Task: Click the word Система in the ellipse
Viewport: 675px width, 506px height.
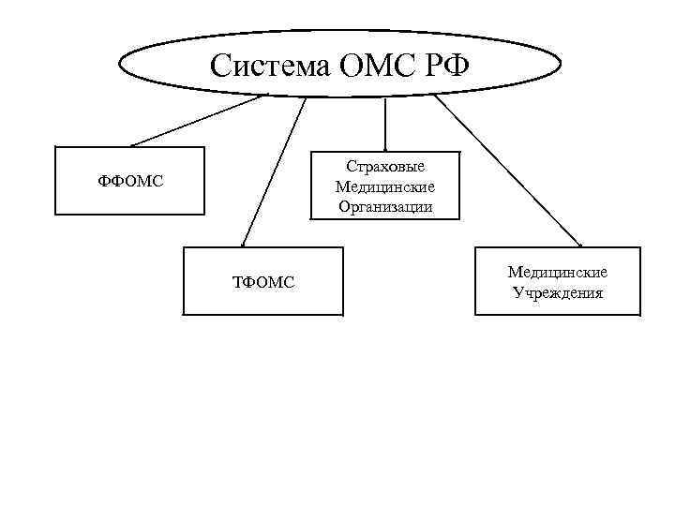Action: (258, 66)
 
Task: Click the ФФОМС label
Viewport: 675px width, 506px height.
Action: (131, 181)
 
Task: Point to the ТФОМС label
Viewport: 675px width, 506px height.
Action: (262, 280)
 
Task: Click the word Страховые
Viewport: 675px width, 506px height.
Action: (384, 167)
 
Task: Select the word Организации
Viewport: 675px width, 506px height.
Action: (384, 207)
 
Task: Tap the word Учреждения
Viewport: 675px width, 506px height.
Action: (558, 292)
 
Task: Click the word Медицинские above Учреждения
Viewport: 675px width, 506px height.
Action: (558, 272)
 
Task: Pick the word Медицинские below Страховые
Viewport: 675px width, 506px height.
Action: (384, 186)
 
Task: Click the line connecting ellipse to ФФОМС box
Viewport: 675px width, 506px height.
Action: (197, 121)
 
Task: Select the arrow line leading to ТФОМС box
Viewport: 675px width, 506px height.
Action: (275, 169)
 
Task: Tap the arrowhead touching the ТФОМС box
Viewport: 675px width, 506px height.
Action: (243, 243)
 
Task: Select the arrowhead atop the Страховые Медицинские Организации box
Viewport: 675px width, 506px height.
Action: (384, 147)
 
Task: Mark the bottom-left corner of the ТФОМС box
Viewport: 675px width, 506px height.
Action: (183, 314)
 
